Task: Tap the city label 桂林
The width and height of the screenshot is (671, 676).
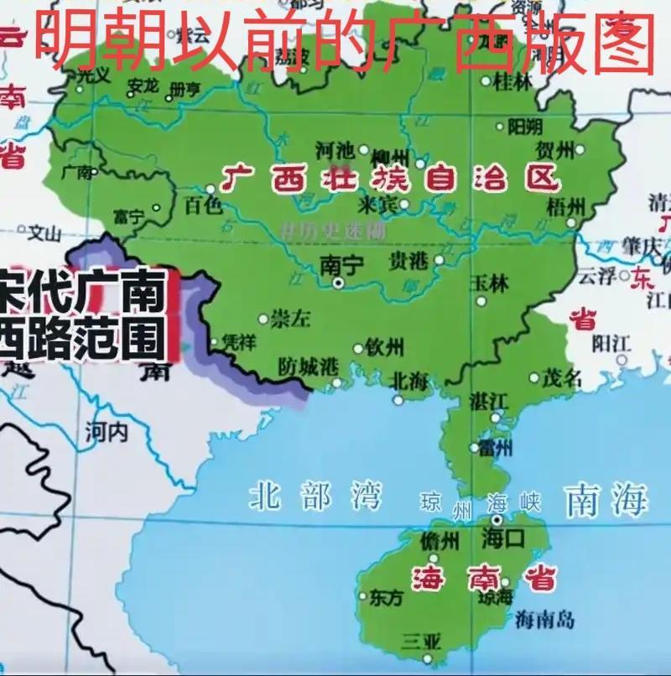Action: click(513, 81)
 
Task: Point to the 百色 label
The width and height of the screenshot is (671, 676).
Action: click(203, 205)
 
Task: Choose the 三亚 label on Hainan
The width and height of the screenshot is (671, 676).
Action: click(421, 642)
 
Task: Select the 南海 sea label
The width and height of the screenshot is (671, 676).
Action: click(606, 501)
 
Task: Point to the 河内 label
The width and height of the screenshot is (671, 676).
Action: click(106, 432)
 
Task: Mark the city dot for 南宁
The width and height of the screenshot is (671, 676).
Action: click(339, 284)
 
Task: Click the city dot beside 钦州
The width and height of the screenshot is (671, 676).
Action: click(358, 348)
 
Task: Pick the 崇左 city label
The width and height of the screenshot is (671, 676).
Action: click(291, 318)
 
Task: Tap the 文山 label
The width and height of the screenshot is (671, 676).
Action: click(45, 231)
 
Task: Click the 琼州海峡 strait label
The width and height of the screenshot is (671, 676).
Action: click(481, 505)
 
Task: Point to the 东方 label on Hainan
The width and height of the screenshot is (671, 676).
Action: click(387, 597)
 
